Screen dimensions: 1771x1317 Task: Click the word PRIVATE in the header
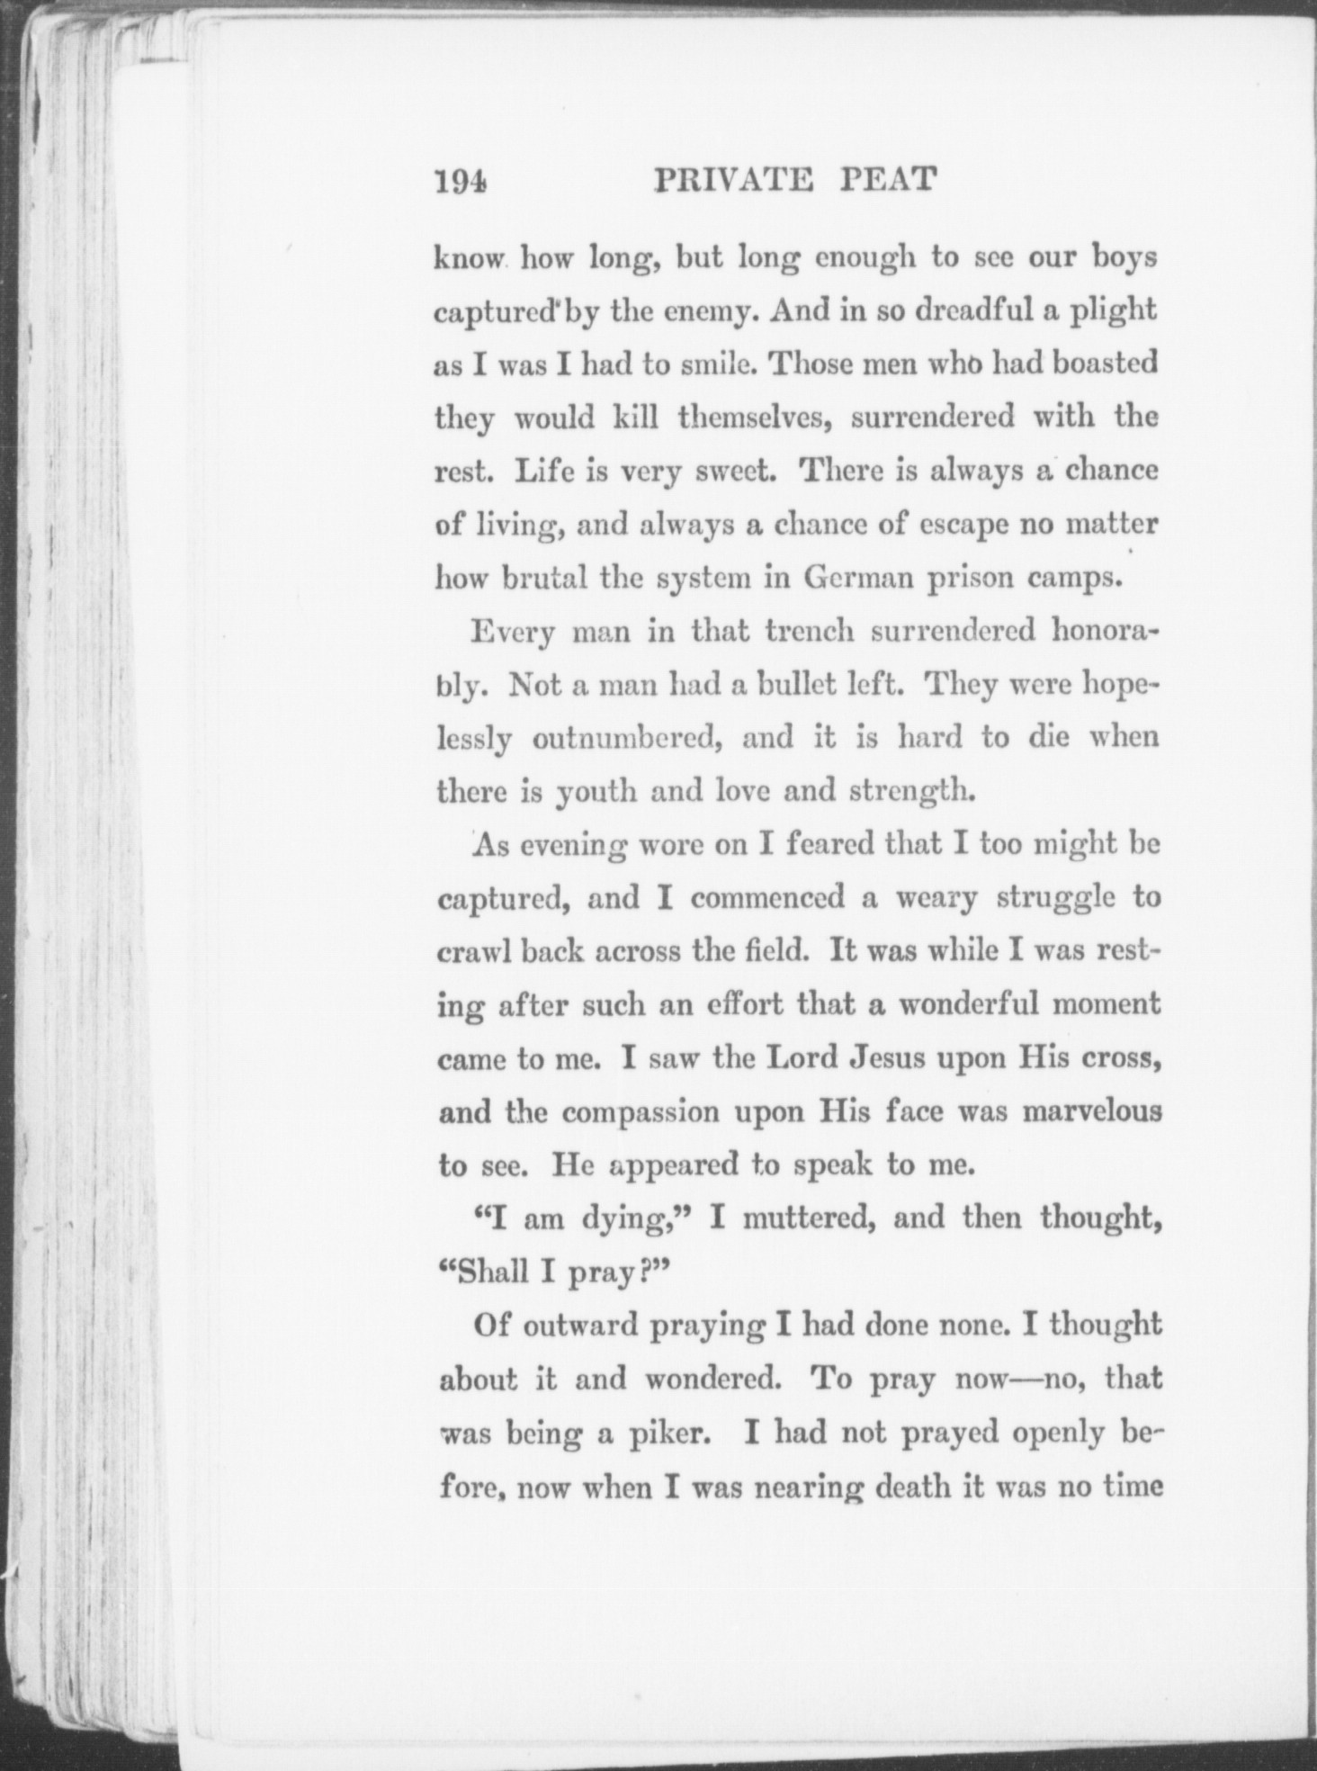point(733,180)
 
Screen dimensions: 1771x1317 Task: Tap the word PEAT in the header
point(888,180)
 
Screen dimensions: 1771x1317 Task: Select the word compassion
point(641,1112)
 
